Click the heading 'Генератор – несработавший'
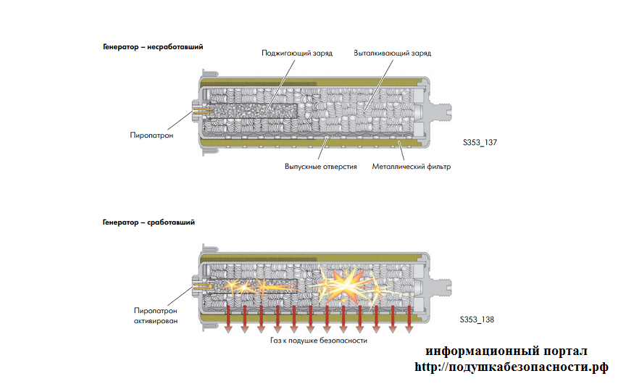pyautogui.click(x=152, y=46)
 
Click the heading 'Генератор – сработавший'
pyautogui.click(x=148, y=222)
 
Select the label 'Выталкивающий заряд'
pyautogui.click(x=392, y=54)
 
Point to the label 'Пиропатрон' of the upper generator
pyautogui.click(x=151, y=135)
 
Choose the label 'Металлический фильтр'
pyautogui.click(x=411, y=166)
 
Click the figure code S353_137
pyautogui.click(x=479, y=143)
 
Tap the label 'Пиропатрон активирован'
pyautogui.click(x=155, y=314)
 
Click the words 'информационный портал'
pyautogui.click(x=506, y=351)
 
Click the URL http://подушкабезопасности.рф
pyautogui.click(x=512, y=367)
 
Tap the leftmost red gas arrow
pyautogui.click(x=228, y=318)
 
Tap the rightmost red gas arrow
pyautogui.click(x=410, y=318)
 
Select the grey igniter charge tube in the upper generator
pyautogui.click(x=254, y=111)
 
